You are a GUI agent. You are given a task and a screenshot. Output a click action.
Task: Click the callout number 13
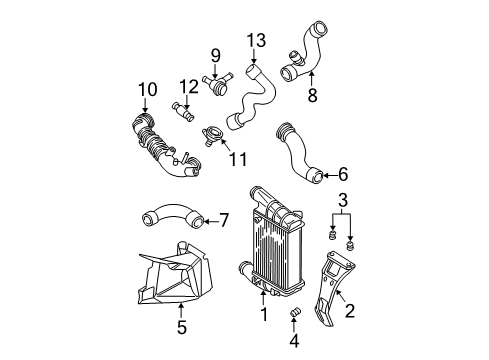tap(256, 40)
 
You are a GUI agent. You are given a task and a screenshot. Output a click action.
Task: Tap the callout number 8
tap(312, 95)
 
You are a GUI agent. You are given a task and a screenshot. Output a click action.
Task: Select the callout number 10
tap(148, 89)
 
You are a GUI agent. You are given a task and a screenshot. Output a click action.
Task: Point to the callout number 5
tap(182, 327)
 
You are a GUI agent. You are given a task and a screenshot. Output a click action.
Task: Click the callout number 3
tap(343, 200)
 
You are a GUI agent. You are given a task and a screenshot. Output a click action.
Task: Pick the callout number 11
tap(238, 159)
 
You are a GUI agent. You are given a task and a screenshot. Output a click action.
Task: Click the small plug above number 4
tap(294, 313)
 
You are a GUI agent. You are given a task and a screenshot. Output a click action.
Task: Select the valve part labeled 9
tap(217, 83)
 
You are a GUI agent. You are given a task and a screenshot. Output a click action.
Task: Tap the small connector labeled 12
tap(184, 112)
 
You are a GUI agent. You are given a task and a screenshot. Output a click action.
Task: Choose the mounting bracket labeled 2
tap(333, 287)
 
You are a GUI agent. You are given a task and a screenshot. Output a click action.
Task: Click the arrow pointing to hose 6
tap(329, 175)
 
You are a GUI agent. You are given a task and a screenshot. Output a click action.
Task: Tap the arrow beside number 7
tap(210, 221)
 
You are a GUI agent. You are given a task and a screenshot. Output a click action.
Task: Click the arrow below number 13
tap(254, 56)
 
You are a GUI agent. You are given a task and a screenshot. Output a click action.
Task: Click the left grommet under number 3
tap(332, 234)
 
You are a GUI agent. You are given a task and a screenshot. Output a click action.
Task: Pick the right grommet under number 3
tap(350, 246)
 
